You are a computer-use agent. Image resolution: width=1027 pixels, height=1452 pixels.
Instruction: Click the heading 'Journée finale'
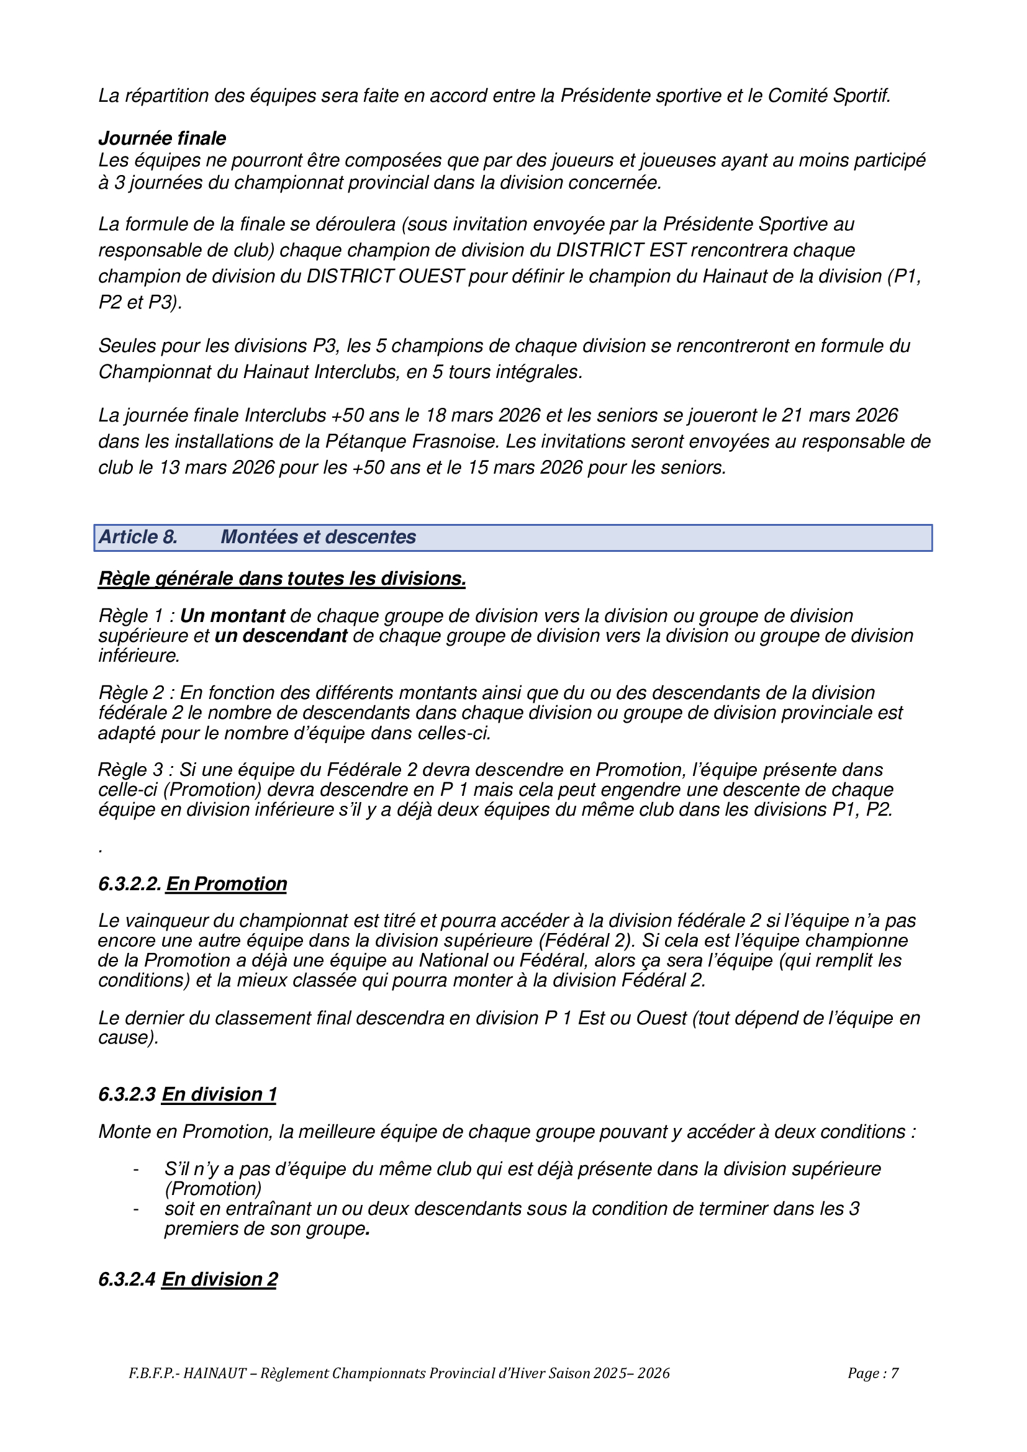[x=162, y=138]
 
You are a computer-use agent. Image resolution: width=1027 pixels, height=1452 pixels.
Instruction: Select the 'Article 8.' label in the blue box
[x=138, y=537]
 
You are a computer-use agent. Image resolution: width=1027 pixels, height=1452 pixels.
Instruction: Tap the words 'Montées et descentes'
[x=318, y=537]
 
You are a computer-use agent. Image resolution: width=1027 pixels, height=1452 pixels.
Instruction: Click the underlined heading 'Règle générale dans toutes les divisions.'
[x=281, y=578]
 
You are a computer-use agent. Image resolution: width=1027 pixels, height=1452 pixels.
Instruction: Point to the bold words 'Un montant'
[x=233, y=615]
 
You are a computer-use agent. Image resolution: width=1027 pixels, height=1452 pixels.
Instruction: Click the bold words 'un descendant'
[x=281, y=635]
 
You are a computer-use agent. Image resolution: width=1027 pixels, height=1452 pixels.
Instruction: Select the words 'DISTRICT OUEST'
[x=385, y=276]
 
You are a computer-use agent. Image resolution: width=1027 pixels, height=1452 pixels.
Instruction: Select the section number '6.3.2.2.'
[x=130, y=883]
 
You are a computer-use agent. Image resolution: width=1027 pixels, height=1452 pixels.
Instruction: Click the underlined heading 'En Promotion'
[x=227, y=883]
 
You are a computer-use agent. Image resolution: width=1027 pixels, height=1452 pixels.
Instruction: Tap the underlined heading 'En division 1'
[x=219, y=1094]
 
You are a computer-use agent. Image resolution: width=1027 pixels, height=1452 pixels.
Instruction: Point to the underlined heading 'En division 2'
[x=219, y=1279]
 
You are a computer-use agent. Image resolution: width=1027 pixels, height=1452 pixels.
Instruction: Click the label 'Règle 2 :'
[x=136, y=693]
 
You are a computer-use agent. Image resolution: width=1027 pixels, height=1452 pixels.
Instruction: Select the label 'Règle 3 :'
[x=136, y=770]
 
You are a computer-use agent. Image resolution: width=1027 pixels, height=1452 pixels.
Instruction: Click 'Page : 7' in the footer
[x=872, y=1373]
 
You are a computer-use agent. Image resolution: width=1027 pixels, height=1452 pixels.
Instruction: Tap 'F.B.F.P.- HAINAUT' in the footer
[x=187, y=1373]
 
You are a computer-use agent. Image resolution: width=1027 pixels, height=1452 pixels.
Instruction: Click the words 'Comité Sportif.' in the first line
[x=828, y=96]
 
